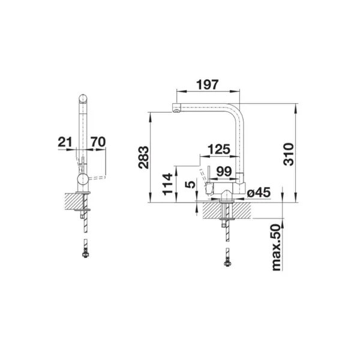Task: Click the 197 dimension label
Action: pyautogui.click(x=208, y=85)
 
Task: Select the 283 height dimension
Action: pyautogui.click(x=144, y=157)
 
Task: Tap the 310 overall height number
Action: pyautogui.click(x=289, y=154)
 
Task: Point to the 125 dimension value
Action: pyautogui.click(x=219, y=149)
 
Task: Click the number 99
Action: pyautogui.click(x=224, y=171)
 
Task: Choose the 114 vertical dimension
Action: pyautogui.click(x=167, y=184)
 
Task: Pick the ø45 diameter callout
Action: pyautogui.click(x=259, y=193)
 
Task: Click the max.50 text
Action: pyautogui.click(x=276, y=247)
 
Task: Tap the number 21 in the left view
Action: pyautogui.click(x=65, y=142)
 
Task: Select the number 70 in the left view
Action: pyautogui.click(x=98, y=142)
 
